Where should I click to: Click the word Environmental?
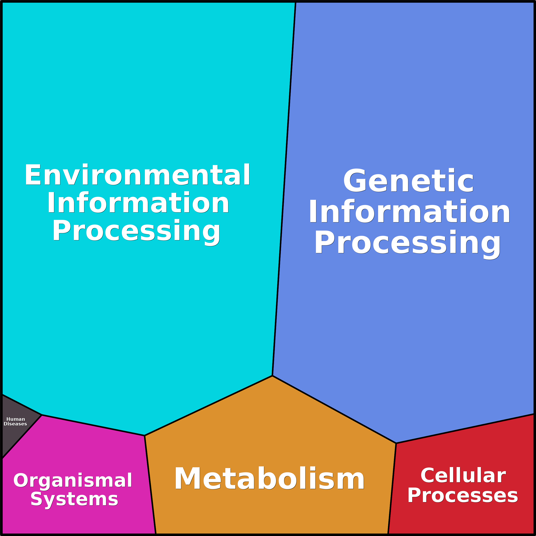pos(137,175)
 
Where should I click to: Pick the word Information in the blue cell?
pos(409,211)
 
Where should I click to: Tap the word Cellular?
pos(463,475)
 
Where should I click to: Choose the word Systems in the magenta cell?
pos(74,499)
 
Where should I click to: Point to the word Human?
pos(16,419)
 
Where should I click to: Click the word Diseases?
pos(15,424)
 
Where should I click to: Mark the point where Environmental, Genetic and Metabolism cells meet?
pos(272,376)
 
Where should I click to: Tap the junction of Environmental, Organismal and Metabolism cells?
pos(144,435)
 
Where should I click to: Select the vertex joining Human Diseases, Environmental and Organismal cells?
pos(42,415)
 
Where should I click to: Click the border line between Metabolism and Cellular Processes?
pos(392,488)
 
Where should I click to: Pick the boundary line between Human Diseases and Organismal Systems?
pos(22,437)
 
